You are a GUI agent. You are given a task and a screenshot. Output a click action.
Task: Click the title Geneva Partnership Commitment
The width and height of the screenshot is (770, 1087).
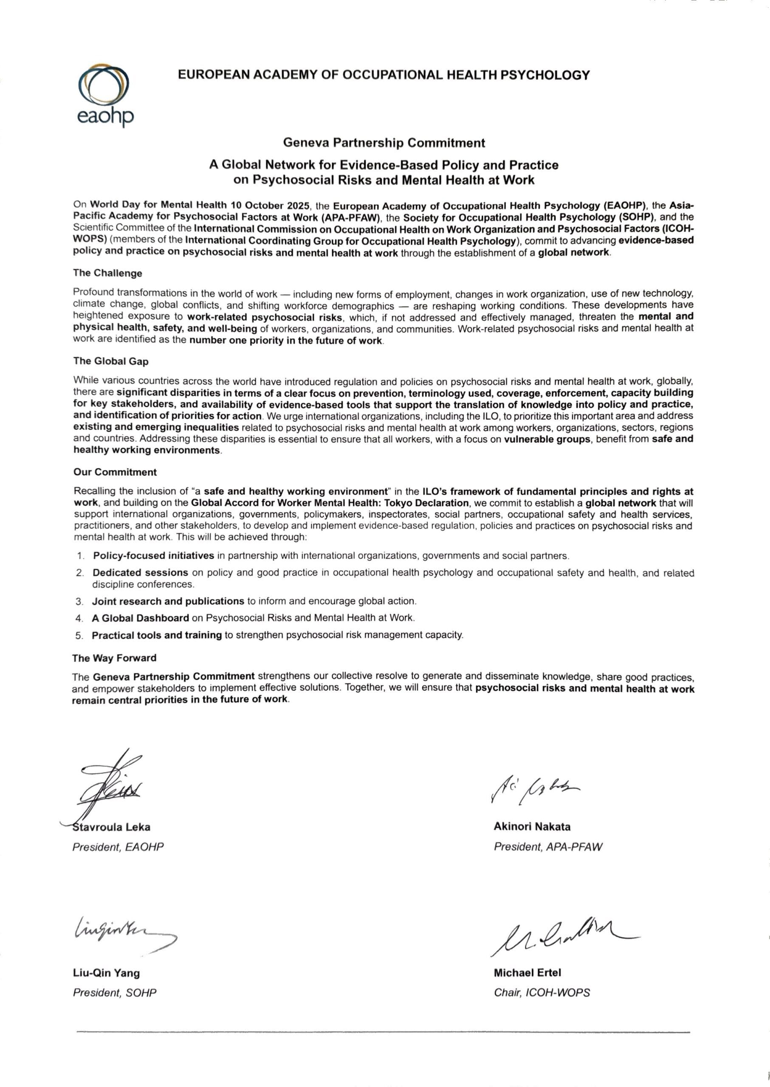click(384, 143)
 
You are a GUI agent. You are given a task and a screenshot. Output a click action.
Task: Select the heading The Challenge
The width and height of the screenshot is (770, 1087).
click(107, 273)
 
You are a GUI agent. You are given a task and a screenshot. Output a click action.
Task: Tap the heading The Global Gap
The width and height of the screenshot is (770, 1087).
click(111, 361)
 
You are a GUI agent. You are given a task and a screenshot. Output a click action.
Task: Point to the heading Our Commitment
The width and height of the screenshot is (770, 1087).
click(115, 472)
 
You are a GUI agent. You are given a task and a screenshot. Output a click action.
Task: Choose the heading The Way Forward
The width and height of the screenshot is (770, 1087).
click(114, 658)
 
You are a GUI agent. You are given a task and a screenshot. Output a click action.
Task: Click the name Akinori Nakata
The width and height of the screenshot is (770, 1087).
click(532, 827)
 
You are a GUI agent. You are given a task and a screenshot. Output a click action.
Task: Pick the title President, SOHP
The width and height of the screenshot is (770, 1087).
click(115, 993)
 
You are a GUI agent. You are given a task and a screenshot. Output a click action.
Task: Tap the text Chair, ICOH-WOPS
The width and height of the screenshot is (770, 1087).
click(542, 993)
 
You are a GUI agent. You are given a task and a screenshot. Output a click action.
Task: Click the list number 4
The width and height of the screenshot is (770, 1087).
click(79, 619)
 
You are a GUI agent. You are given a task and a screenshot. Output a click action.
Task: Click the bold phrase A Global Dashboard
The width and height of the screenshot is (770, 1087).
click(140, 618)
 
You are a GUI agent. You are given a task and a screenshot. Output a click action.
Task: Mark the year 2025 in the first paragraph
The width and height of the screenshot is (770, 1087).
click(298, 206)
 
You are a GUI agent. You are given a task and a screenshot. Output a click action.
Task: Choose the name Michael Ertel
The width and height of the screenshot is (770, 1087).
click(527, 973)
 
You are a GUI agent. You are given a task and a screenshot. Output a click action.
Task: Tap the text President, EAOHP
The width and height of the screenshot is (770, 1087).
click(118, 847)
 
